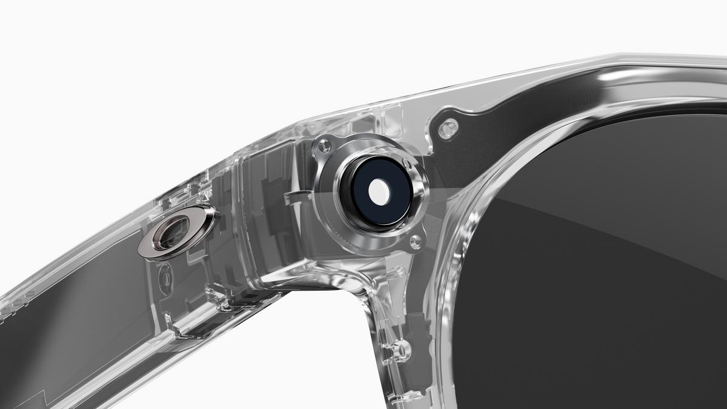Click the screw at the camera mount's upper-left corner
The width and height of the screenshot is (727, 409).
(x=325, y=145)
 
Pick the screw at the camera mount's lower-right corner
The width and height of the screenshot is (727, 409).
(x=416, y=242)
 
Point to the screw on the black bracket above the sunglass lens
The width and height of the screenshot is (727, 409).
(x=448, y=128)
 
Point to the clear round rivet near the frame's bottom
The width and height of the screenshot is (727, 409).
(x=400, y=350)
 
